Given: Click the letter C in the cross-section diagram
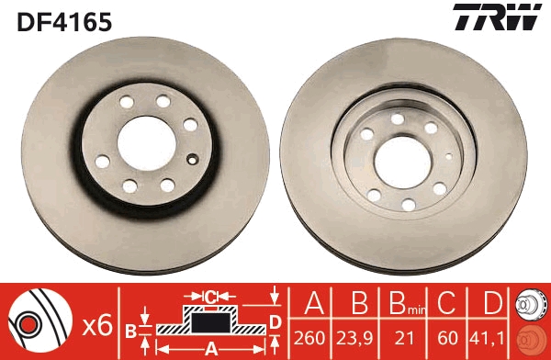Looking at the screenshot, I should [210, 296].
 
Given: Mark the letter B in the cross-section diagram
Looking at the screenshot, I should [130, 328].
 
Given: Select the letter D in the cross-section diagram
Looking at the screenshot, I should [274, 321].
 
